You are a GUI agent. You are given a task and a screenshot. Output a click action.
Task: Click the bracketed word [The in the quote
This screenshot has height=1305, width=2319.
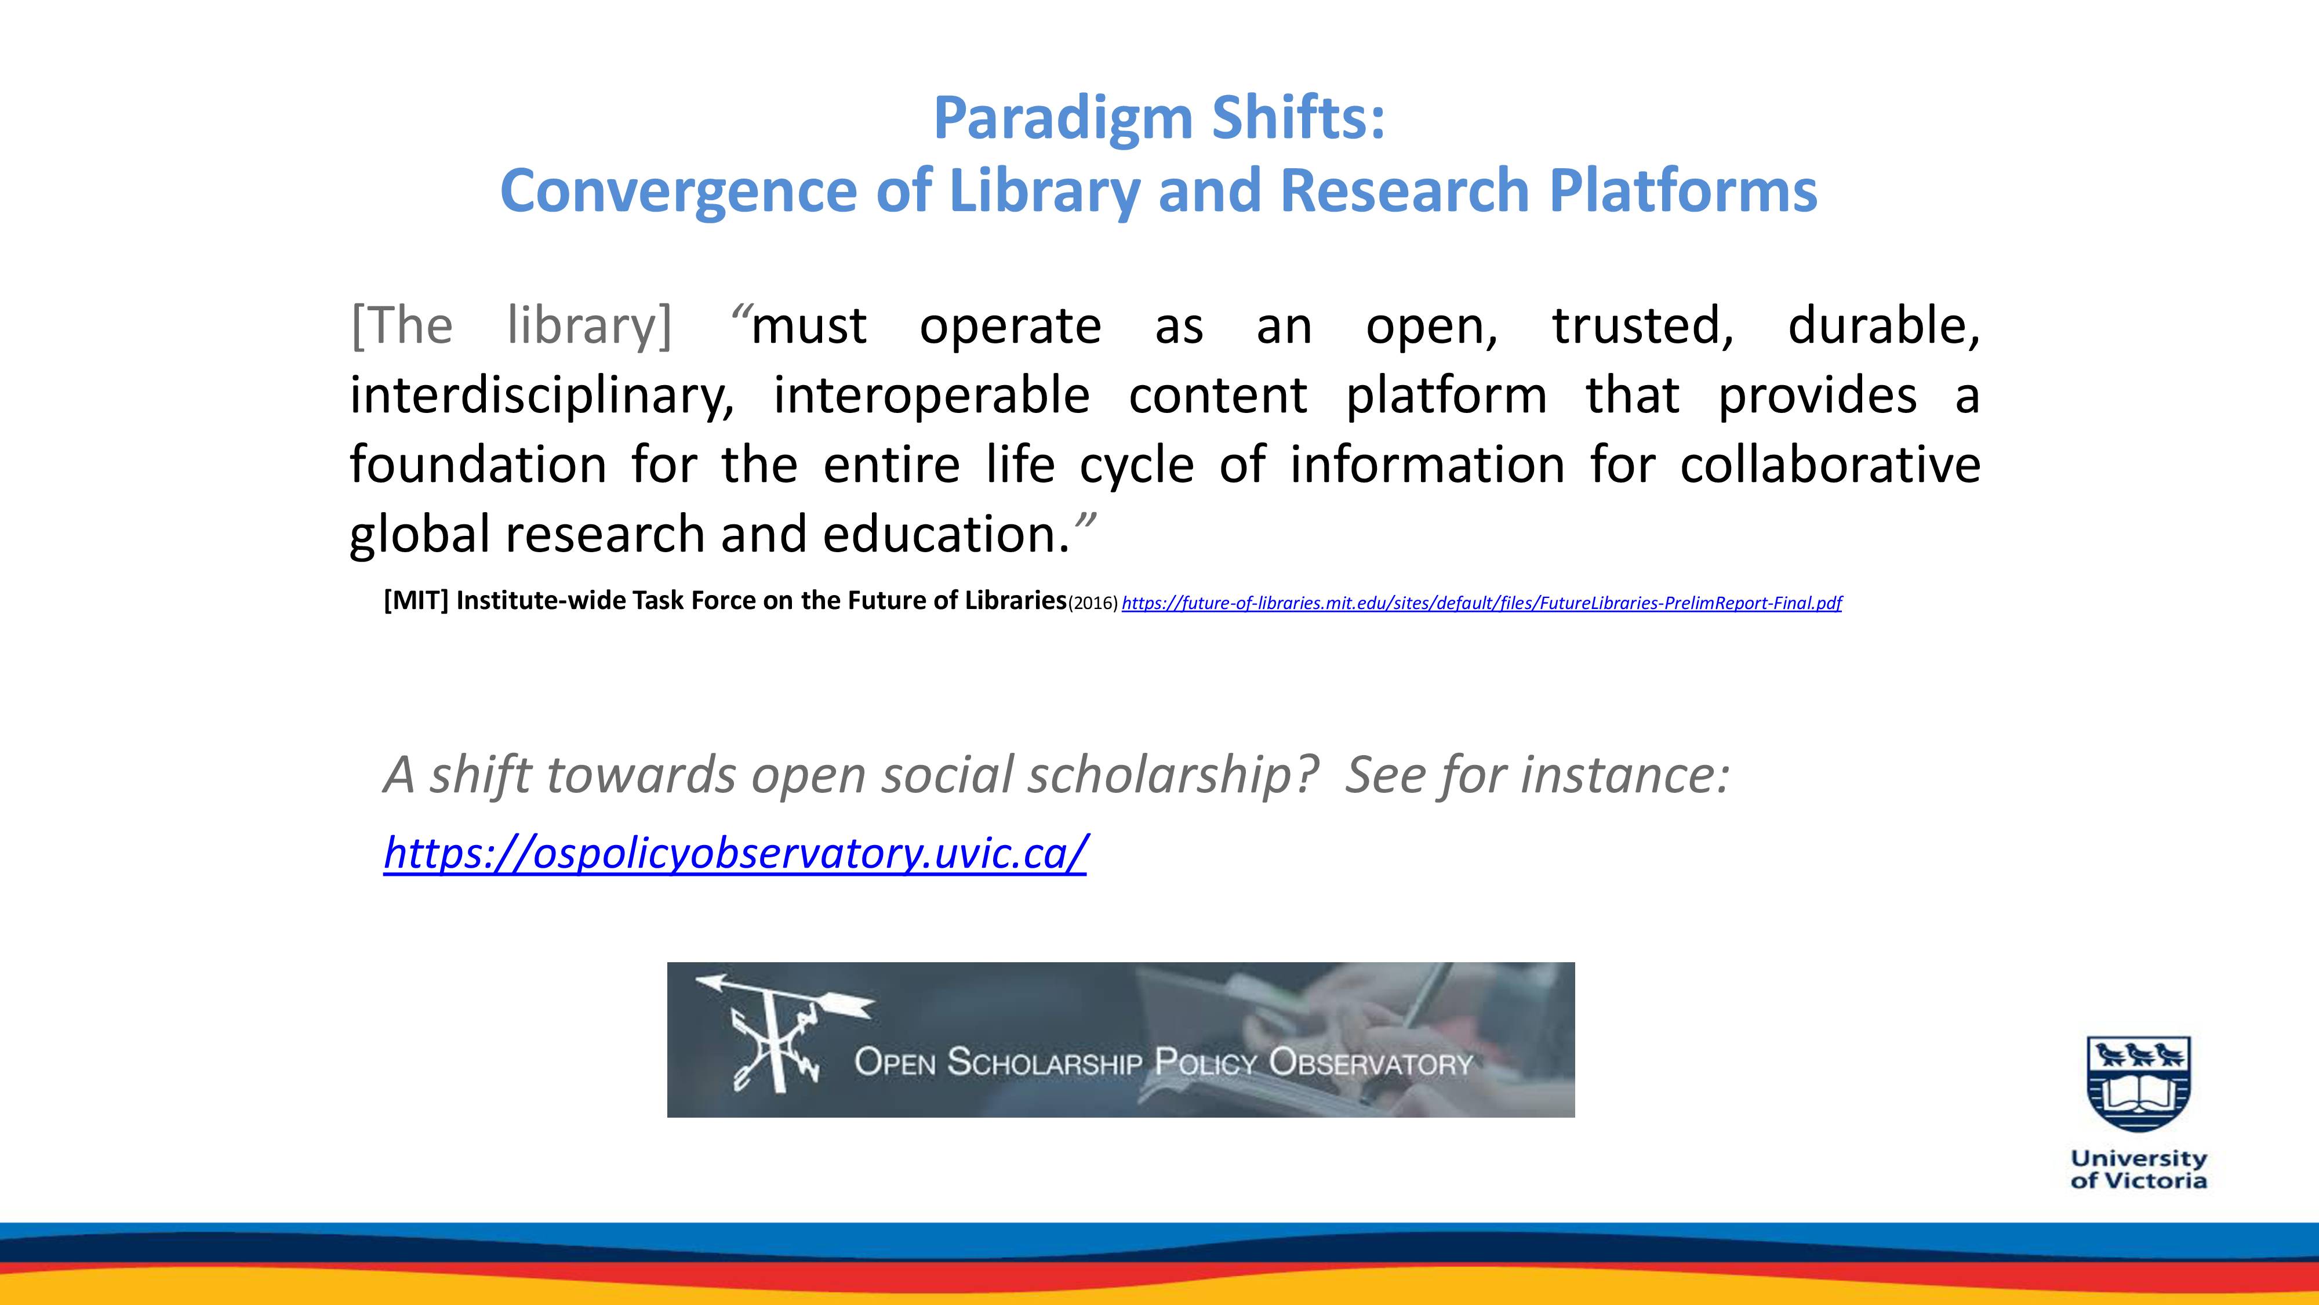point(402,325)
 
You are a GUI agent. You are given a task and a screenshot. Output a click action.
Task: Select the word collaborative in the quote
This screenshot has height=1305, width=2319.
point(1830,465)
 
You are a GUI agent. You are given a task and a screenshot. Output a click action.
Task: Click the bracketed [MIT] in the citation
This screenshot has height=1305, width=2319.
point(416,601)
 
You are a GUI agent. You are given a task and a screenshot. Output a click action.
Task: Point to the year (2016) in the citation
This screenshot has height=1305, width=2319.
point(1093,603)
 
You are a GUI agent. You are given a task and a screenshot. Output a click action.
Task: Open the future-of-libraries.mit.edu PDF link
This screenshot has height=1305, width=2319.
point(1482,603)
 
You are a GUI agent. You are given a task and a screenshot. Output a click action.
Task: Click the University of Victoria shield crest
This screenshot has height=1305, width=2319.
point(2139,1083)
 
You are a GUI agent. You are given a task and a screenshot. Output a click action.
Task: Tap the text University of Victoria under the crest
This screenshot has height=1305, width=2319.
point(2139,1169)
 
